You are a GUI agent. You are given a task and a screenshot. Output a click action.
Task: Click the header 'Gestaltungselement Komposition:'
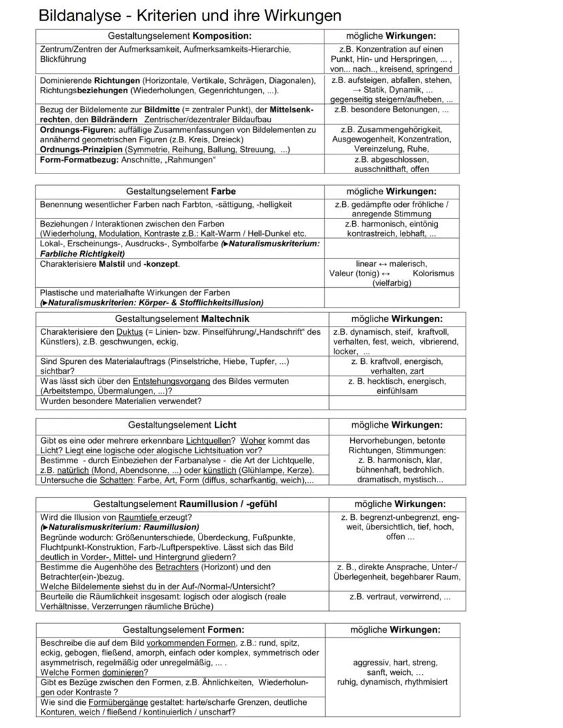click(180, 36)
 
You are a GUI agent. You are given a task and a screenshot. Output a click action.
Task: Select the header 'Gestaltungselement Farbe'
click(180, 191)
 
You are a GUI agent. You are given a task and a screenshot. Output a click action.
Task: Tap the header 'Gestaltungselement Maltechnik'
click(182, 318)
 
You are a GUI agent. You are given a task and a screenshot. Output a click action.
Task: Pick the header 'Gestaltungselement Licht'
click(182, 425)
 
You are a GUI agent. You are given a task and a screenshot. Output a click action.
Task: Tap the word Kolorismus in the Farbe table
click(433, 274)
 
